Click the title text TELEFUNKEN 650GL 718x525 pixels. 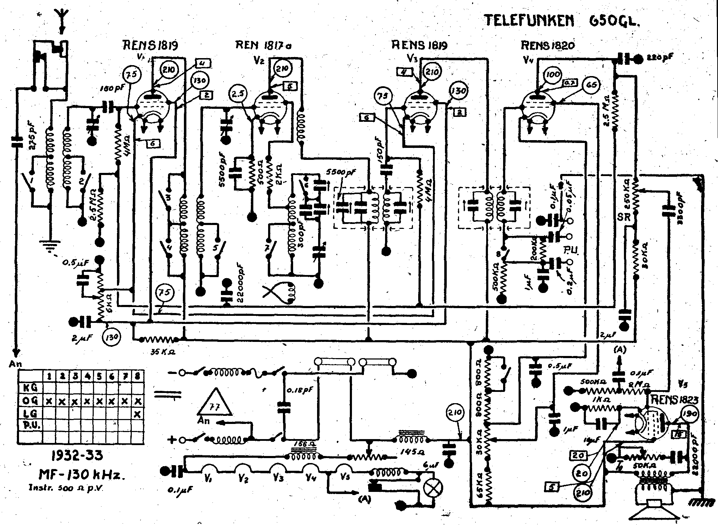click(562, 20)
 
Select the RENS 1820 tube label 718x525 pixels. click(547, 45)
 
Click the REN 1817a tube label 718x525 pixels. click(264, 45)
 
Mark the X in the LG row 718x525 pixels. click(138, 414)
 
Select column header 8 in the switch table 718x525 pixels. click(138, 376)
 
